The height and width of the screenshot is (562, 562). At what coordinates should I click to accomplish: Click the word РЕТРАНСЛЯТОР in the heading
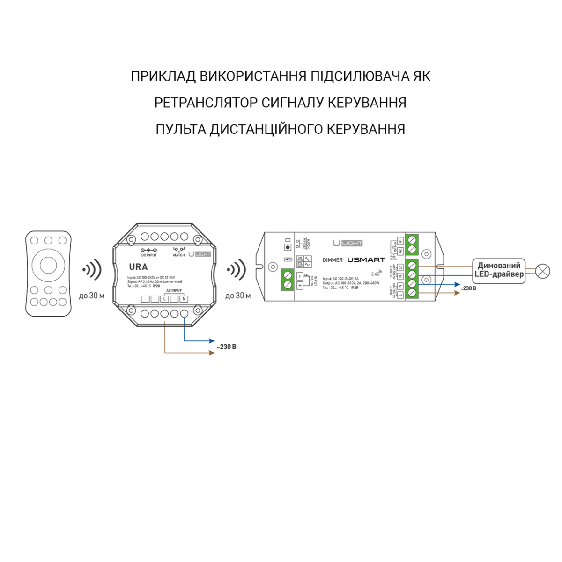pyautogui.click(x=206, y=103)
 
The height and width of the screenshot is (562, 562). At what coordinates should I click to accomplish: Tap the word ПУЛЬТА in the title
pyautogui.click(x=180, y=129)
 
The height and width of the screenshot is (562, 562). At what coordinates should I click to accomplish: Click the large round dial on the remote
pyautogui.click(x=48, y=266)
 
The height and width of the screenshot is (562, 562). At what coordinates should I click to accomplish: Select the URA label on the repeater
pyautogui.click(x=138, y=267)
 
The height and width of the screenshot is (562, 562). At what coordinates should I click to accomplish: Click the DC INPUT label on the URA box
pyautogui.click(x=149, y=255)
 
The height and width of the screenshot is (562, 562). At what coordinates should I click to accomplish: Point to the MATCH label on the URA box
pyautogui.click(x=179, y=255)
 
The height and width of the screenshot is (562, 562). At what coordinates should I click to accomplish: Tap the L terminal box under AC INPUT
pyautogui.click(x=165, y=299)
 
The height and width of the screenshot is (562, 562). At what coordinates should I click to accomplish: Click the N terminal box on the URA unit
pyautogui.click(x=184, y=299)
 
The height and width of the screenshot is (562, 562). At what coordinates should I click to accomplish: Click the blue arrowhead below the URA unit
pyautogui.click(x=212, y=340)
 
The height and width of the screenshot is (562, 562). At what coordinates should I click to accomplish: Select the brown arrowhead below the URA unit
pyautogui.click(x=212, y=352)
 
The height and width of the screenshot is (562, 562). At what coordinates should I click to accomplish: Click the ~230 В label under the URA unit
pyautogui.click(x=227, y=347)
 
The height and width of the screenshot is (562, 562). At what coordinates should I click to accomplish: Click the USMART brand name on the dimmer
pyautogui.click(x=366, y=259)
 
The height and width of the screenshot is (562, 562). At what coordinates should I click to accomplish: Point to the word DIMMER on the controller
pyautogui.click(x=333, y=260)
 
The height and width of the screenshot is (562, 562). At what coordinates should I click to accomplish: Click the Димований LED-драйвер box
pyautogui.click(x=499, y=270)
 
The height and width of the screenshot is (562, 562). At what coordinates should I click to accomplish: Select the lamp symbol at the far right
pyautogui.click(x=543, y=271)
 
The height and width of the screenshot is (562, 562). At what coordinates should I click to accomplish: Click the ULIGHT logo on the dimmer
pyautogui.click(x=348, y=243)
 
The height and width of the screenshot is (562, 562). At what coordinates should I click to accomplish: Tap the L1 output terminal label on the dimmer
pyautogui.click(x=400, y=267)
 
